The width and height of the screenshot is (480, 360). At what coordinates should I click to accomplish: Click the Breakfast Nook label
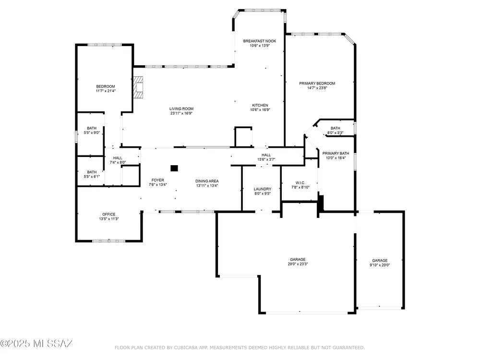(x=260, y=41)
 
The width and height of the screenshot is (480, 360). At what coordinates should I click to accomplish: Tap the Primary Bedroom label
(x=317, y=83)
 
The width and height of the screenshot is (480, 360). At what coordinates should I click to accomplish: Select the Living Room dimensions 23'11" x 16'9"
(x=181, y=113)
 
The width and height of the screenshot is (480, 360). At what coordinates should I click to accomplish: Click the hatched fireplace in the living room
(x=138, y=87)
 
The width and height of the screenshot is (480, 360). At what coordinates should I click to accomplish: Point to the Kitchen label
(x=260, y=105)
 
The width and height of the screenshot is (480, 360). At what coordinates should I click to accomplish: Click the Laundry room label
(x=263, y=189)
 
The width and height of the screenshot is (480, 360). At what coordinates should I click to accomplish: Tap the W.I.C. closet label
(x=300, y=183)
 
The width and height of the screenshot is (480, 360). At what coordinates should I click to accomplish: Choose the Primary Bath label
(x=336, y=154)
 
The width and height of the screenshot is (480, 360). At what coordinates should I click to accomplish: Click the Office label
(x=108, y=214)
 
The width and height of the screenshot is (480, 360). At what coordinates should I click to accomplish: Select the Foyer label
(x=157, y=180)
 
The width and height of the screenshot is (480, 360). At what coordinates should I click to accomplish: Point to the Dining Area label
(x=207, y=181)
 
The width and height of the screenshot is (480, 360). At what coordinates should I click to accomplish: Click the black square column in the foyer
(x=174, y=168)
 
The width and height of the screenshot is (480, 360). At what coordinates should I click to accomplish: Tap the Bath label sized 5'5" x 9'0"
(x=92, y=128)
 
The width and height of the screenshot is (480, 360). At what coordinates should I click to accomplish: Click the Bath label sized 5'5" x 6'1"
(x=92, y=172)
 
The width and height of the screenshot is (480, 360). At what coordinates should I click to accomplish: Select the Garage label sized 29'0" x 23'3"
(x=298, y=259)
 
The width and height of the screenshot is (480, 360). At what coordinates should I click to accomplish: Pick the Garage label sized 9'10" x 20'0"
(x=380, y=261)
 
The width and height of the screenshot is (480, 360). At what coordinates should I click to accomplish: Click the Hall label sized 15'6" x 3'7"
(x=266, y=155)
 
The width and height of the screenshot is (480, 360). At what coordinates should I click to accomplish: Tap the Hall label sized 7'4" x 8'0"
(x=118, y=158)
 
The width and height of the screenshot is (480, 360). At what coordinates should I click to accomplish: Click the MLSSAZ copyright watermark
(x=36, y=344)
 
